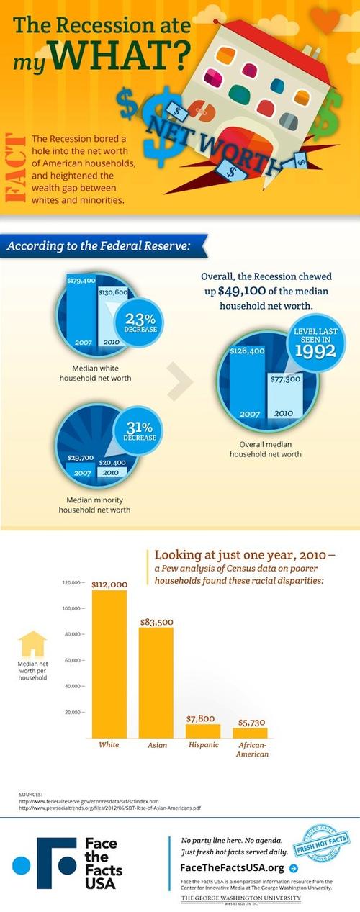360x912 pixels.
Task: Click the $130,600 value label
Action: pos(112,292)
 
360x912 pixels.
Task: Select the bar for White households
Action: pos(109,662)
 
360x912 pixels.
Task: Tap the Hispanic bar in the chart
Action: pos(202,730)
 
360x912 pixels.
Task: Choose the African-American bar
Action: pos(250,732)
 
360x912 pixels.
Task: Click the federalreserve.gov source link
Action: pos(89,800)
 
